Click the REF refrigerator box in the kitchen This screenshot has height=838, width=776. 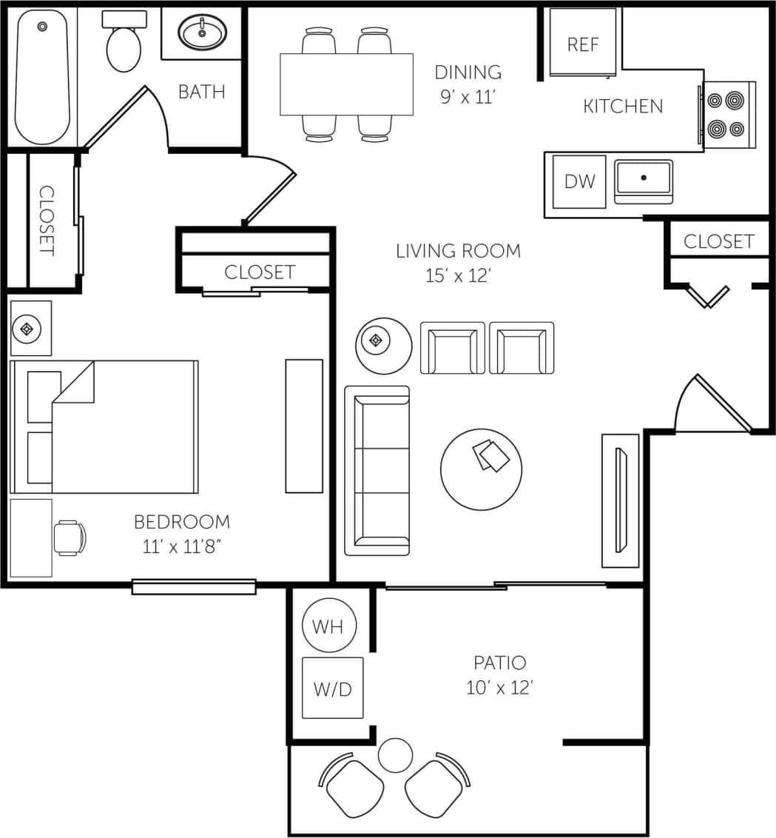pyautogui.click(x=582, y=42)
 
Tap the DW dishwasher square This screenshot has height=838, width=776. pyautogui.click(x=579, y=181)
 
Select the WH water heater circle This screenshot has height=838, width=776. pyautogui.click(x=328, y=626)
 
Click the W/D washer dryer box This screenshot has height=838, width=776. pyautogui.click(x=332, y=688)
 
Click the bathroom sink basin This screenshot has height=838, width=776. pyautogui.click(x=202, y=33)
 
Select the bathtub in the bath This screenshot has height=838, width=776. pyautogui.click(x=42, y=77)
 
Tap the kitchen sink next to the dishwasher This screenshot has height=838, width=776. pyautogui.click(x=644, y=180)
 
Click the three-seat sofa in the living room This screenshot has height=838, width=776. pyautogui.click(x=377, y=470)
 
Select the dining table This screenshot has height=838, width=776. pyautogui.click(x=346, y=84)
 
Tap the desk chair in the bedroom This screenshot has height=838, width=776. pyautogui.click(x=70, y=537)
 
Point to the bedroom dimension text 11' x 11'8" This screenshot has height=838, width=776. pyautogui.click(x=181, y=548)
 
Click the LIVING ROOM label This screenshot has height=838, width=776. pyautogui.click(x=458, y=251)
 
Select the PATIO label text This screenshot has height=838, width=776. pyautogui.click(x=499, y=662)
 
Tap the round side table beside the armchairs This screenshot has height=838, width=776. pyautogui.click(x=383, y=345)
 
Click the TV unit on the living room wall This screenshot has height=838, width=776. pyautogui.click(x=620, y=500)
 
